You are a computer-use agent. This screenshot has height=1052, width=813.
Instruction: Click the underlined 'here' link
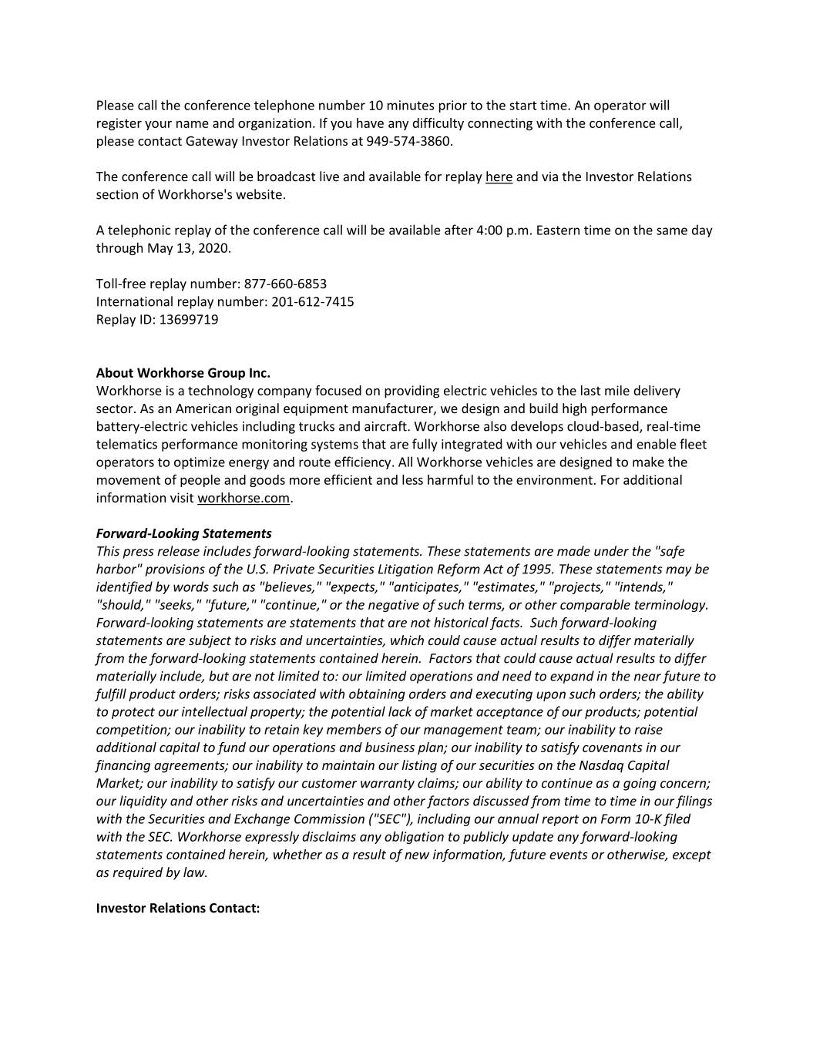[x=499, y=177]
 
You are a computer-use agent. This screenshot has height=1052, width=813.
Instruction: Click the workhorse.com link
[x=244, y=498]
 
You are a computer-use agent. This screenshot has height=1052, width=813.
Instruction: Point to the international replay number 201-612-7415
[x=313, y=301]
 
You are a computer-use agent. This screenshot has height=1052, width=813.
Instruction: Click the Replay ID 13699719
[x=189, y=319]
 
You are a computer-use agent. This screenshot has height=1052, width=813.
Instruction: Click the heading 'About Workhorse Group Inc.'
[x=183, y=373]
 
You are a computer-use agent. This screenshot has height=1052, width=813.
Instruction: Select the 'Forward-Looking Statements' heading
[x=183, y=533]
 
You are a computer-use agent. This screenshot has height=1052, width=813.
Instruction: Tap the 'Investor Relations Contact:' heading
[x=178, y=908]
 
